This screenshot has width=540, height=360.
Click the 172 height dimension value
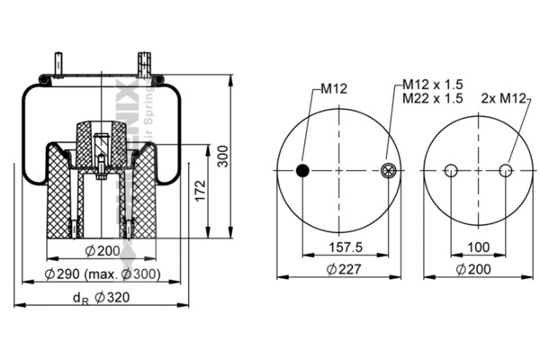coord(200,189)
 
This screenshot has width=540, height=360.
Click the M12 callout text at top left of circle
coord(331,89)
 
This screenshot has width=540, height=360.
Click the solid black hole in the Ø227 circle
coord(303,171)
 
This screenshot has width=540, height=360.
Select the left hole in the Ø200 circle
coord(453,171)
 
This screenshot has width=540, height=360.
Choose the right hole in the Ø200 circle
coord(506,171)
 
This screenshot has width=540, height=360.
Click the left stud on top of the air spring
coord(59,67)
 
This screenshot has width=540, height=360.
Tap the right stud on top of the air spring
coord(143,66)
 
